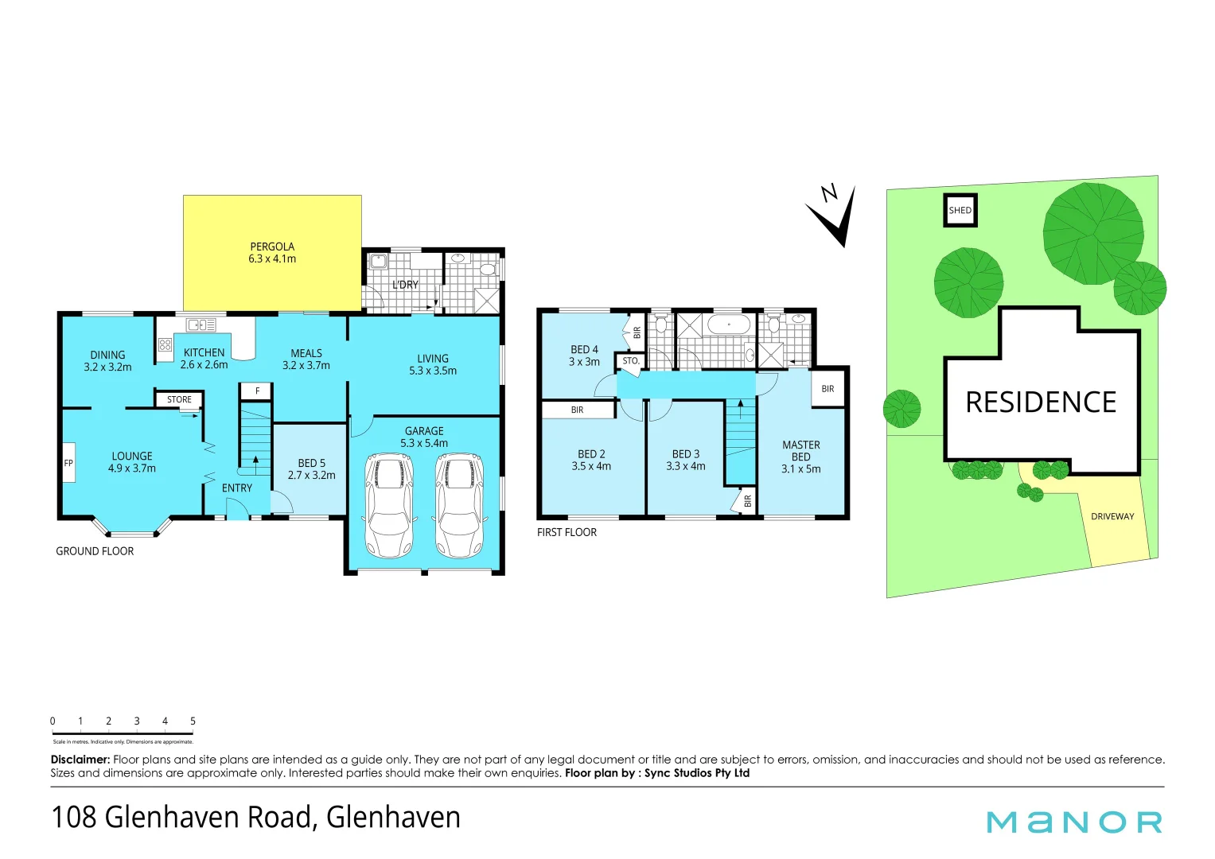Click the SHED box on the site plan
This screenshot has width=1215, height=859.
point(960,211)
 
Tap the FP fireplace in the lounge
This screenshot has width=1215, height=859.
point(68,463)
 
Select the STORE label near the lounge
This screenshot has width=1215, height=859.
point(179,400)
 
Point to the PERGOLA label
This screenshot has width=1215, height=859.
point(272,252)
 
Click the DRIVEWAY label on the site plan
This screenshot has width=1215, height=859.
point(1112,517)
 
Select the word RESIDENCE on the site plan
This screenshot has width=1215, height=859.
point(1041,402)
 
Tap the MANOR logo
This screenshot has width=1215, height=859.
point(1074,822)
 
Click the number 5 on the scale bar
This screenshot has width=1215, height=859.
point(193,721)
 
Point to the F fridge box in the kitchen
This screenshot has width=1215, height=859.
point(257,391)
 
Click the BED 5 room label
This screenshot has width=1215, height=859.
point(311,468)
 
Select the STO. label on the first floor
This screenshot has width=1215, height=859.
point(631,361)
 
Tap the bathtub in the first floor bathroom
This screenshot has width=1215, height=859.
point(728,325)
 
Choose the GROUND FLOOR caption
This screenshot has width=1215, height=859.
point(95,551)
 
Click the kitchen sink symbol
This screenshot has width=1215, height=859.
point(201,325)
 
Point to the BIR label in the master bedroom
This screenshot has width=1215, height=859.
point(828,389)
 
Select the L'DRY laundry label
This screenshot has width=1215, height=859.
point(405,285)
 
